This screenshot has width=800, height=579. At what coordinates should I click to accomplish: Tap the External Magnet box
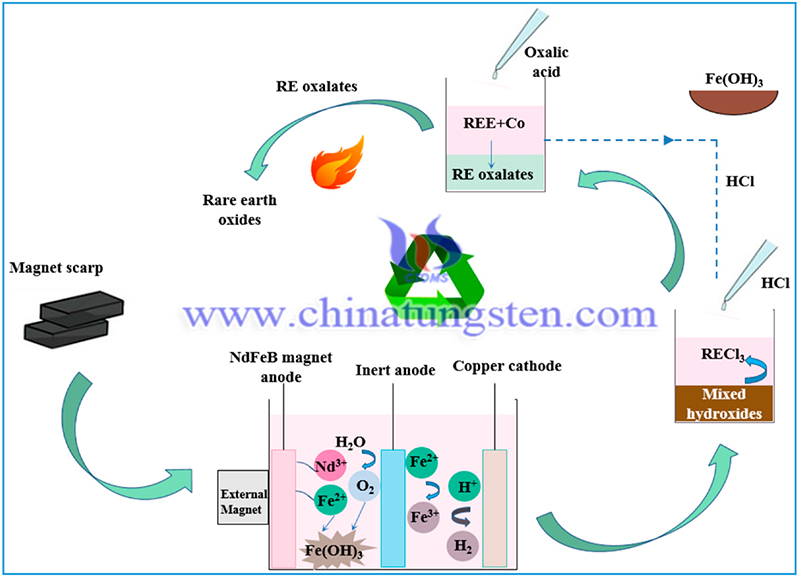(243, 497)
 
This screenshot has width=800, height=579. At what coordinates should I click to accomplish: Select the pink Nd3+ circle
(330, 466)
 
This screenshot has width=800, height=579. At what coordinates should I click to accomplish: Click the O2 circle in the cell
(364, 486)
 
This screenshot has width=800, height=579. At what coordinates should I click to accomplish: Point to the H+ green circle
(464, 486)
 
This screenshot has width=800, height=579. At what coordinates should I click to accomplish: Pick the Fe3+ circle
(423, 517)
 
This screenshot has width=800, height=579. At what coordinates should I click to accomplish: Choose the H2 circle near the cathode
(463, 546)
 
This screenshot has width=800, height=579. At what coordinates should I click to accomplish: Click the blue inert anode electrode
(393, 508)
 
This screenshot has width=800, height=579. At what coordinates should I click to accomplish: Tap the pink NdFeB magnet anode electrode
(283, 509)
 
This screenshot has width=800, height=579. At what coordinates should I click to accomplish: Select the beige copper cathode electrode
(494, 508)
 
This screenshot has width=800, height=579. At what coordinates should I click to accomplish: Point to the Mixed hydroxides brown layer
(724, 404)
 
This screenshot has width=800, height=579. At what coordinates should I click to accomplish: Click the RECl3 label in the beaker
(722, 355)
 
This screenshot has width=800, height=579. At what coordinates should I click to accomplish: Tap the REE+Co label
(494, 123)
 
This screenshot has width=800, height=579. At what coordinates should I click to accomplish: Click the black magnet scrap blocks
(74, 319)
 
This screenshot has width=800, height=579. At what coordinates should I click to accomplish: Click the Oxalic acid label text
(546, 62)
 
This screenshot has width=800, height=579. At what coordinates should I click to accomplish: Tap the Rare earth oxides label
(239, 210)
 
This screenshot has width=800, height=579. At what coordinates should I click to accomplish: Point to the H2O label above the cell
(350, 442)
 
